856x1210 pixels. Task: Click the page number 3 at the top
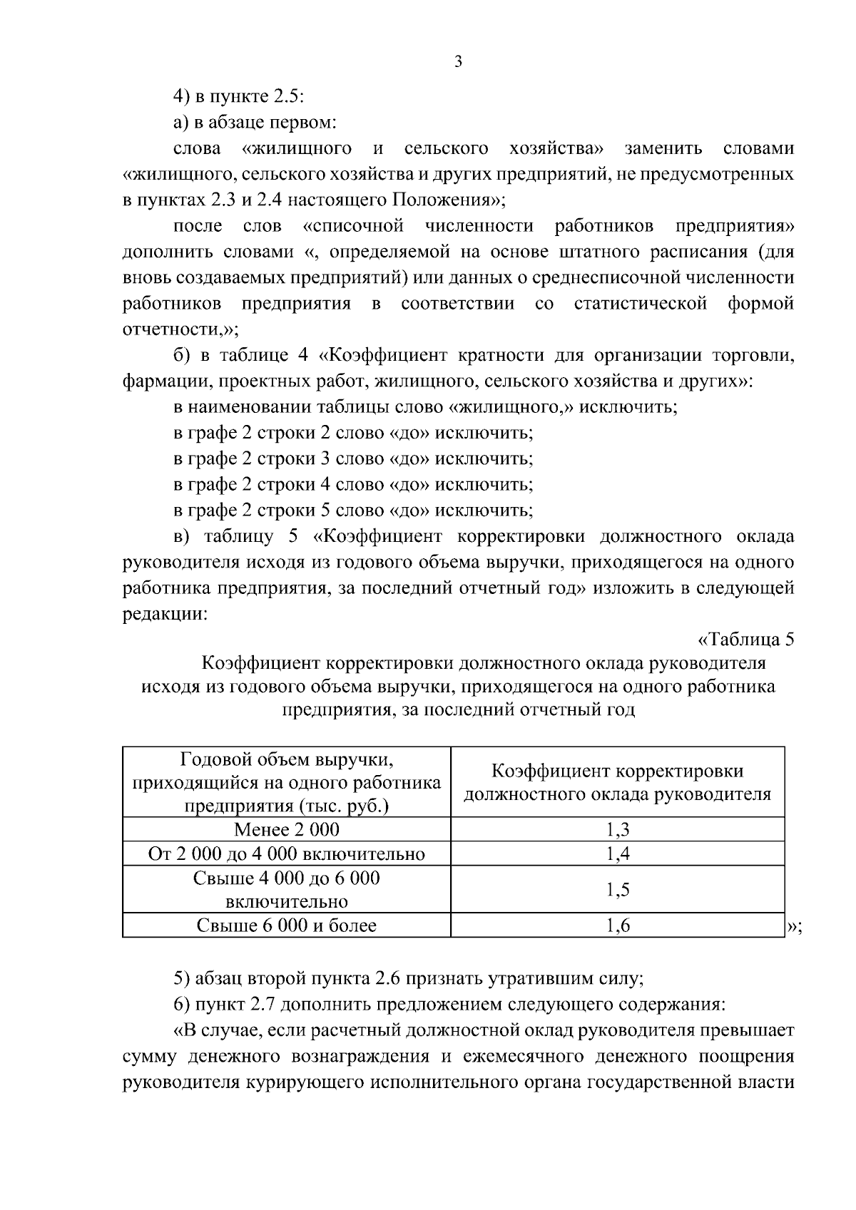click(x=459, y=63)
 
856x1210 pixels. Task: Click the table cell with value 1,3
click(x=618, y=829)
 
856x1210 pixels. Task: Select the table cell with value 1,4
click(x=618, y=853)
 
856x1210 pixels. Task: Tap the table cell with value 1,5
click(x=618, y=889)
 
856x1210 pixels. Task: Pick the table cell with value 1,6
click(x=618, y=926)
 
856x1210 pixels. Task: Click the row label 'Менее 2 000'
click(x=287, y=829)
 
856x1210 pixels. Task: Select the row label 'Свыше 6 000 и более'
click(x=287, y=926)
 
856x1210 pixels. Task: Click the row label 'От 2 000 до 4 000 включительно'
click(x=287, y=853)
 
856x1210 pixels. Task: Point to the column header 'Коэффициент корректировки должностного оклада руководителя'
click(x=618, y=782)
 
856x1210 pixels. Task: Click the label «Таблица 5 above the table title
click(x=745, y=638)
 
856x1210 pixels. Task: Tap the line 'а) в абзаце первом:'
click(x=255, y=123)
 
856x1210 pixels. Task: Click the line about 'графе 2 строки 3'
click(x=353, y=458)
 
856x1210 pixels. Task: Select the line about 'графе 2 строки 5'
click(x=353, y=510)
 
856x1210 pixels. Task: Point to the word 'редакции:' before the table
click(x=165, y=613)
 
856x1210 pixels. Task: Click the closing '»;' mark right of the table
click(x=794, y=926)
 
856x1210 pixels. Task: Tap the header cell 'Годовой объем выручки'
click(x=287, y=781)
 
